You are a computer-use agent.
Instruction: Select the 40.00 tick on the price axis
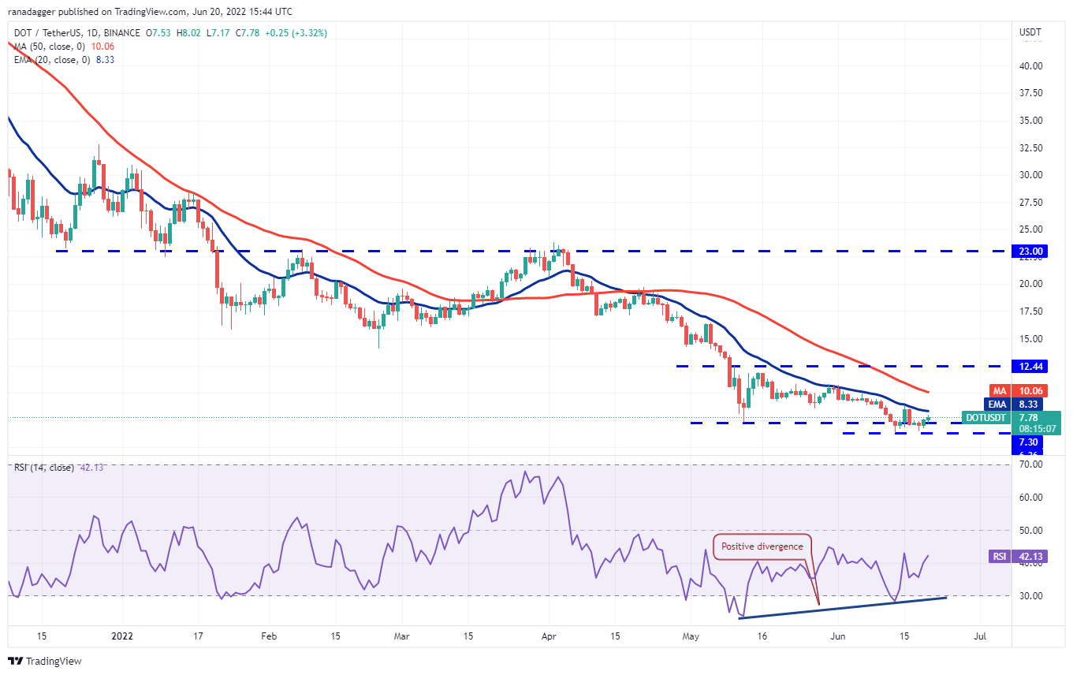coord(1031,66)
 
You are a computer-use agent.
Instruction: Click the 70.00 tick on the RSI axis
coord(1031,464)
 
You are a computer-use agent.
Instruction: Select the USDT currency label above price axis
coord(1030,32)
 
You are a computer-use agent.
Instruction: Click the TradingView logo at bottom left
coord(46,661)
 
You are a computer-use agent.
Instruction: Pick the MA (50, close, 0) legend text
coord(50,46)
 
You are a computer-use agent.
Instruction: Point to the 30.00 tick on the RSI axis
coord(1031,595)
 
